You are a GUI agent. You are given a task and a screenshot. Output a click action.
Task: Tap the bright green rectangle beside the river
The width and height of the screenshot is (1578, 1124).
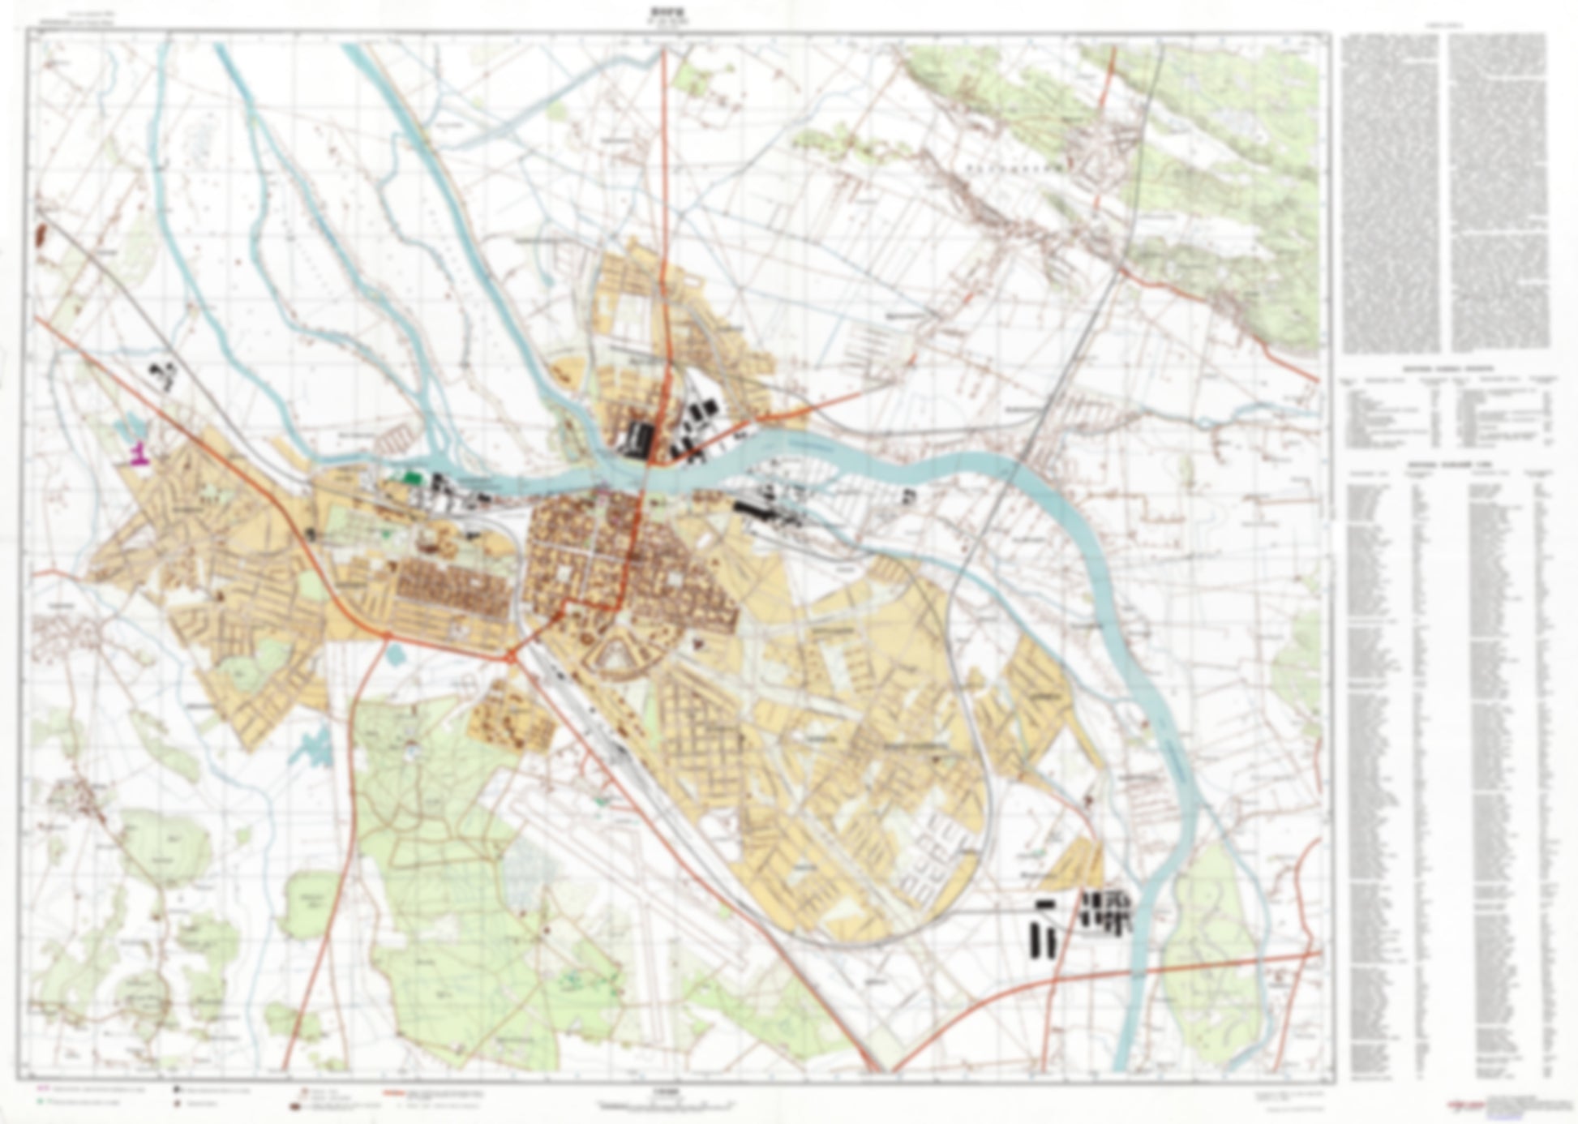click(x=413, y=477)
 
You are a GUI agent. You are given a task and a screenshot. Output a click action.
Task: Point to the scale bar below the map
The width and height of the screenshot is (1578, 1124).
click(x=665, y=1105)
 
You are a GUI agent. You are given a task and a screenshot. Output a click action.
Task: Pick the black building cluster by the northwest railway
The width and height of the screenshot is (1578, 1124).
click(x=163, y=375)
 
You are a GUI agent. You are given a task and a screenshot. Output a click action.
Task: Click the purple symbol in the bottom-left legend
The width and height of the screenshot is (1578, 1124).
click(x=42, y=1088)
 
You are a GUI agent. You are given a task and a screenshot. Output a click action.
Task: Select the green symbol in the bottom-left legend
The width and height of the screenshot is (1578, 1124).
click(x=42, y=1102)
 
